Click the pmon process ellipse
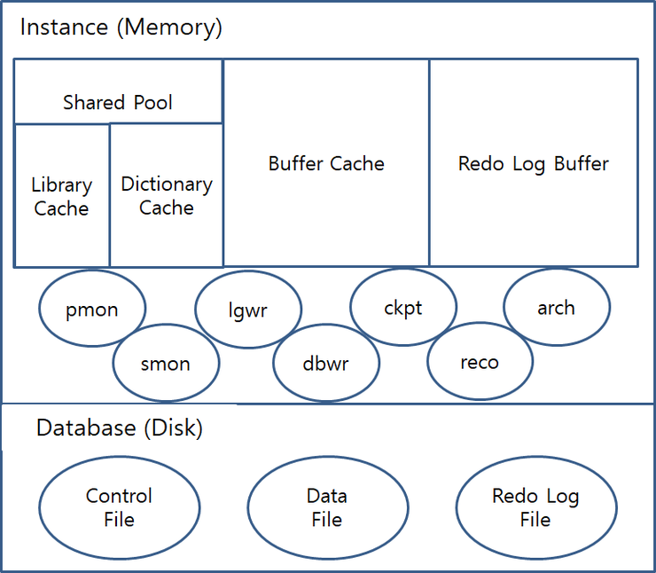pos(92,309)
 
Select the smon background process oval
pos(166,364)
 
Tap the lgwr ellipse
pos(248,310)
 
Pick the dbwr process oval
pos(326,364)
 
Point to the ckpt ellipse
pos(403,308)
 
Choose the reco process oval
pos(480,362)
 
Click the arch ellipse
pos(557,308)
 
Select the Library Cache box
pos(61,196)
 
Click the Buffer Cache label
pos(326,163)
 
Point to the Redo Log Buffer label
pos(534,163)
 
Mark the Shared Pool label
pos(118,102)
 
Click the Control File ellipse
pos(120,507)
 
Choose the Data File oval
pos(327,507)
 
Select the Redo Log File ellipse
pos(535,507)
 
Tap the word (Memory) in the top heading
pos(169,27)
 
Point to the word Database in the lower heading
pos(85,428)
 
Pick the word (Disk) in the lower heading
pos(172,428)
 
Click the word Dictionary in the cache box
pos(167,184)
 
